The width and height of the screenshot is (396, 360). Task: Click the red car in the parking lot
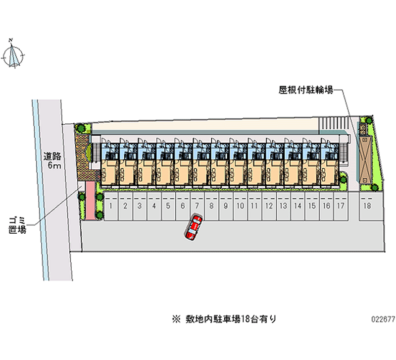click(x=194, y=228)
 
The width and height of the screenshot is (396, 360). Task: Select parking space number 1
click(x=112, y=206)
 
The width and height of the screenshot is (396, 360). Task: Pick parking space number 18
click(x=367, y=206)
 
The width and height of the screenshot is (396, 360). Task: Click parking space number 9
click(x=225, y=206)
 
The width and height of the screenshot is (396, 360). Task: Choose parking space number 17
click(x=340, y=206)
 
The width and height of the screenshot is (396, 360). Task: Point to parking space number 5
click(x=168, y=206)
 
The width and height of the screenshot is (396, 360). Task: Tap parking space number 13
click(x=283, y=206)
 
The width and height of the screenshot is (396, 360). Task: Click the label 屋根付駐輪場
click(x=305, y=90)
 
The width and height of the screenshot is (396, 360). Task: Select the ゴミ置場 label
click(x=18, y=224)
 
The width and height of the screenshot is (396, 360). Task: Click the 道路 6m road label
click(x=51, y=160)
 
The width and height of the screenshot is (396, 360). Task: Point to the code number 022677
click(x=382, y=320)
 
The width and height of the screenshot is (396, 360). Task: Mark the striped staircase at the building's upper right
click(x=332, y=123)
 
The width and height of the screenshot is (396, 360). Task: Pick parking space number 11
click(x=254, y=206)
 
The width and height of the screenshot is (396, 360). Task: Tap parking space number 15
click(x=311, y=206)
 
